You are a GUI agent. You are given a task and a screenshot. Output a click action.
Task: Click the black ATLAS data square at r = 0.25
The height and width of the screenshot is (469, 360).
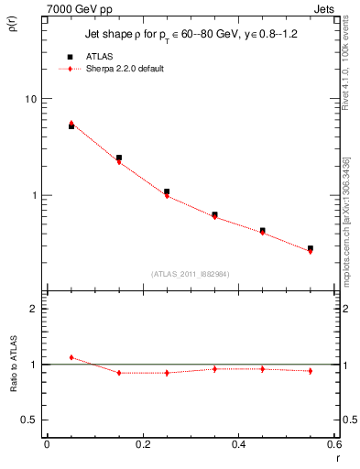click(167, 192)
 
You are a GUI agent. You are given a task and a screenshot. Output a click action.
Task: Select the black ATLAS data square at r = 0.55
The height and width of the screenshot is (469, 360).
click(311, 248)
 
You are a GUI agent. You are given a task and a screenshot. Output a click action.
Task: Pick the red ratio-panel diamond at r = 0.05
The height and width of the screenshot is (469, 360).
click(71, 357)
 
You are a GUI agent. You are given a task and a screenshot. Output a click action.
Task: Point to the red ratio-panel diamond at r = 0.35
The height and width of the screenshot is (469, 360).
click(214, 369)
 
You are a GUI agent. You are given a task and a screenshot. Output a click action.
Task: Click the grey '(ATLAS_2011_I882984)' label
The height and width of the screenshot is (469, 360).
click(190, 274)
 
